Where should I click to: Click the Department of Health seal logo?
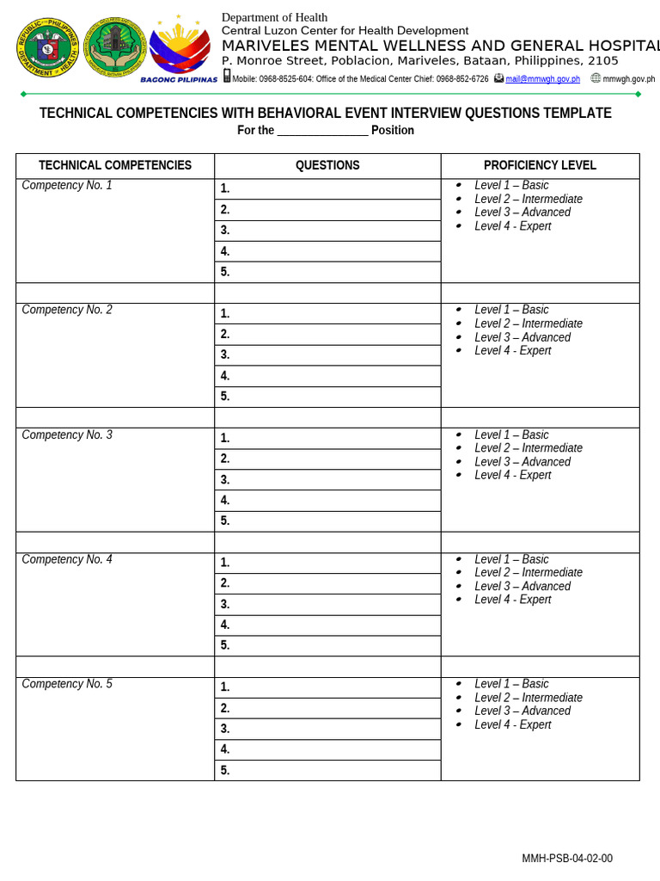[x=47, y=48]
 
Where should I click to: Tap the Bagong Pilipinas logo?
[x=180, y=48]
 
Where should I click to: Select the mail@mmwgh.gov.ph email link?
[x=542, y=79]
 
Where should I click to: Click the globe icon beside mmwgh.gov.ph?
[x=596, y=78]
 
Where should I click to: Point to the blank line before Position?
[x=322, y=131]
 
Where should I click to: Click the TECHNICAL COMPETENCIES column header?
[x=115, y=165]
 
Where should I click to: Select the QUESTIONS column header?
[x=327, y=165]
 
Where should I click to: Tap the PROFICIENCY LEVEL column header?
[x=540, y=165]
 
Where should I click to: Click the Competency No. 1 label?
[x=67, y=185]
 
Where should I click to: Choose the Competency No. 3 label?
[x=67, y=435]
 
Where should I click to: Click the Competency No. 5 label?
[x=67, y=684]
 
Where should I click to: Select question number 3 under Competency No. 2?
[x=225, y=354]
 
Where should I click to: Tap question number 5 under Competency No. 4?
[x=225, y=645]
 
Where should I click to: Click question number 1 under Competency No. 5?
[x=225, y=687]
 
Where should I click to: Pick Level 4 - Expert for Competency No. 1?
[x=512, y=226]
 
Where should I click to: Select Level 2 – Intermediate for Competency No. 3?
[x=528, y=448]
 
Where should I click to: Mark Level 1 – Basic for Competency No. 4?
[x=511, y=559]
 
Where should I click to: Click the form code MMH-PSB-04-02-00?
[x=567, y=859]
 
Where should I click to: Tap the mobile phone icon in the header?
[x=227, y=77]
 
